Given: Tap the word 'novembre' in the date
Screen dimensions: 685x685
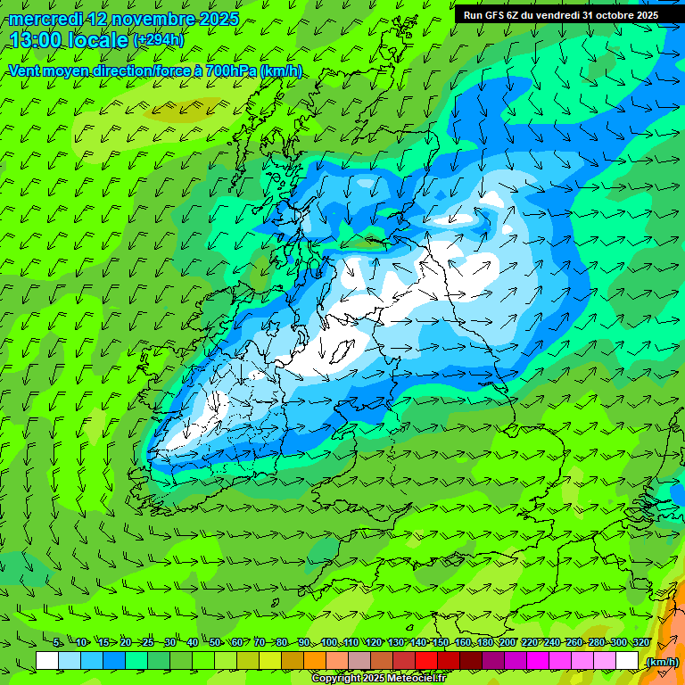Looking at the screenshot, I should click(x=147, y=18).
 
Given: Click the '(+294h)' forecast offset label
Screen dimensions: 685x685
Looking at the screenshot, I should click(x=158, y=40).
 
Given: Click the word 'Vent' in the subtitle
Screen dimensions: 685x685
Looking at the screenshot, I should click(x=24, y=70).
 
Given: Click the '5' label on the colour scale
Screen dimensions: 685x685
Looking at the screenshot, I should click(x=57, y=643).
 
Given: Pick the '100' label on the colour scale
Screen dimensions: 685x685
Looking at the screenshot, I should click(x=329, y=643).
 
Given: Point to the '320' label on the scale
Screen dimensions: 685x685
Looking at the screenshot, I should click(x=640, y=643).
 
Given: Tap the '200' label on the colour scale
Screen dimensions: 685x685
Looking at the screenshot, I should click(x=508, y=643).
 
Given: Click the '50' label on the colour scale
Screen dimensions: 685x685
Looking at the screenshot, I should click(x=215, y=643).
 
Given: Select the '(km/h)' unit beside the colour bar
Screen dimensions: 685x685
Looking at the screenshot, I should click(x=662, y=662).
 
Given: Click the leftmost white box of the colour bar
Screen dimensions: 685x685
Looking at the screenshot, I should click(x=47, y=661).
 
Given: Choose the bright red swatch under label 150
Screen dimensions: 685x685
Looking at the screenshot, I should click(x=426, y=661).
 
